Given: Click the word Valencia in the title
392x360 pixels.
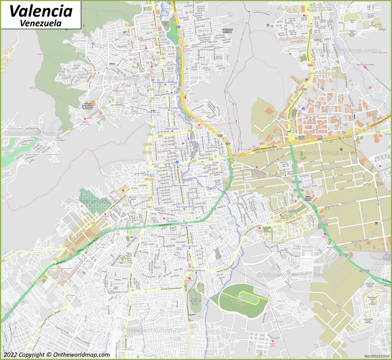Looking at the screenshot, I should [x=41, y=10].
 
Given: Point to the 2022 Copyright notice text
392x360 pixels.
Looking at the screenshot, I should [x=56, y=355].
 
